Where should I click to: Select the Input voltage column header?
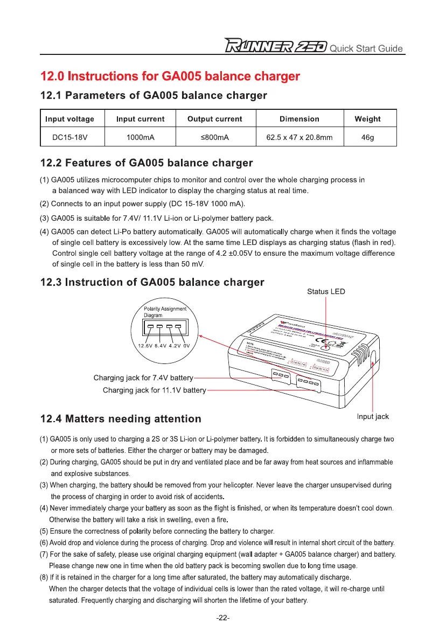click(x=69, y=119)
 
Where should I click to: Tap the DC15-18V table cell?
click(x=69, y=137)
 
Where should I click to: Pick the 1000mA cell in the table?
click(x=140, y=137)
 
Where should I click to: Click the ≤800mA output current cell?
click(x=215, y=137)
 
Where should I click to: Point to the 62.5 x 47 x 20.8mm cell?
click(x=299, y=137)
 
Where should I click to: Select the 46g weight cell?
click(x=368, y=137)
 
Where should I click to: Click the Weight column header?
click(x=368, y=119)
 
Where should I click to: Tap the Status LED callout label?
click(x=326, y=292)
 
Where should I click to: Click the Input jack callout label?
click(x=373, y=416)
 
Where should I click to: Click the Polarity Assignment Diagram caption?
click(x=165, y=312)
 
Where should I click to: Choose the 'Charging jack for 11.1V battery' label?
click(x=154, y=390)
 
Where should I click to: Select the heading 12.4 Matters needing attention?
click(x=121, y=418)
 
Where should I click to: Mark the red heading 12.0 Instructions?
click(x=170, y=76)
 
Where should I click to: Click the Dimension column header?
click(x=299, y=119)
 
